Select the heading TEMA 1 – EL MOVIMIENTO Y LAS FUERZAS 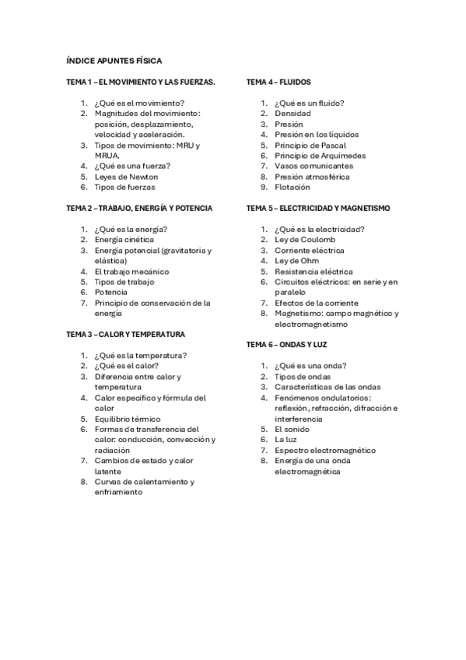click(x=140, y=82)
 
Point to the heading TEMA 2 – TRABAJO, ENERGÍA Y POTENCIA click(x=139, y=209)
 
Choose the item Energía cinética click(x=124, y=240)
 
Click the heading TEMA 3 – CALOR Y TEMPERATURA click(x=126, y=335)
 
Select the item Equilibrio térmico click(x=128, y=419)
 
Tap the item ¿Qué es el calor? click(x=126, y=366)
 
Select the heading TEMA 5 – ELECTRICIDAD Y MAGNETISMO click(x=318, y=209)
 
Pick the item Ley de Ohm click(x=296, y=261)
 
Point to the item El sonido click(x=292, y=429)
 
